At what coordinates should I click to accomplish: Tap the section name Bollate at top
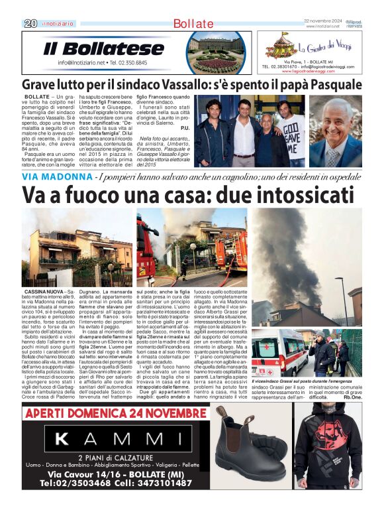click(193, 24)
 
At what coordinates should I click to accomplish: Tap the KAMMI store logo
click(110, 438)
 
